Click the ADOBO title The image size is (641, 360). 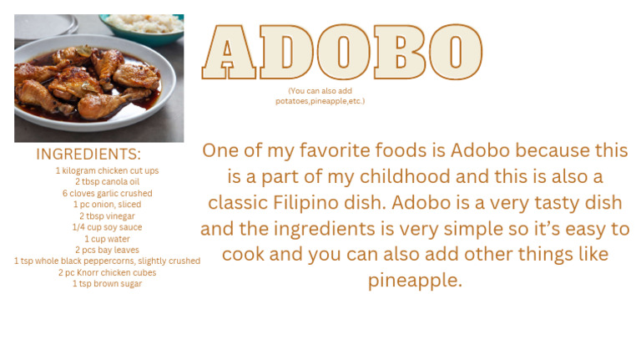tap(341, 53)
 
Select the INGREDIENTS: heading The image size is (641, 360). tap(88, 155)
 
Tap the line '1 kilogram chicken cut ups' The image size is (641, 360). tap(107, 170)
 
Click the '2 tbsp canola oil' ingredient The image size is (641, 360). tap(107, 182)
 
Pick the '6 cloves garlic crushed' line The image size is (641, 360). tap(107, 193)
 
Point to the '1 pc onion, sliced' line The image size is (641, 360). tap(107, 205)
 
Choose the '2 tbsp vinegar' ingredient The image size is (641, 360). tap(107, 215)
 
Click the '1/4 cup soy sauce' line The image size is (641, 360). tap(107, 227)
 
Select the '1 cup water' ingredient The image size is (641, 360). tap(107, 238)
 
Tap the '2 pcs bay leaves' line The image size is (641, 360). tap(107, 250)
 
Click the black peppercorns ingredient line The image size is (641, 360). tap(107, 261)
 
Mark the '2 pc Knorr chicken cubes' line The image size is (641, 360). tap(107, 272)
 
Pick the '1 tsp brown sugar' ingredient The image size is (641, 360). tap(107, 283)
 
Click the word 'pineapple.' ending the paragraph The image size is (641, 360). tap(415, 281)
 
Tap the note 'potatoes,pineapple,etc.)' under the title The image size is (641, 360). tap(320, 101)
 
